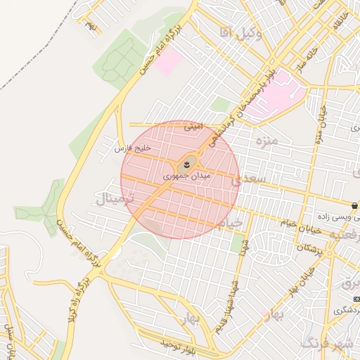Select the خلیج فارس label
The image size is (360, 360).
[x=134, y=147]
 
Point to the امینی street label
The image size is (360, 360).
[x=193, y=128]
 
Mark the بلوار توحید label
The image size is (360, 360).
[x=175, y=345]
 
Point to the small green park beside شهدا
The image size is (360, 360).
[x=236, y=243]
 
